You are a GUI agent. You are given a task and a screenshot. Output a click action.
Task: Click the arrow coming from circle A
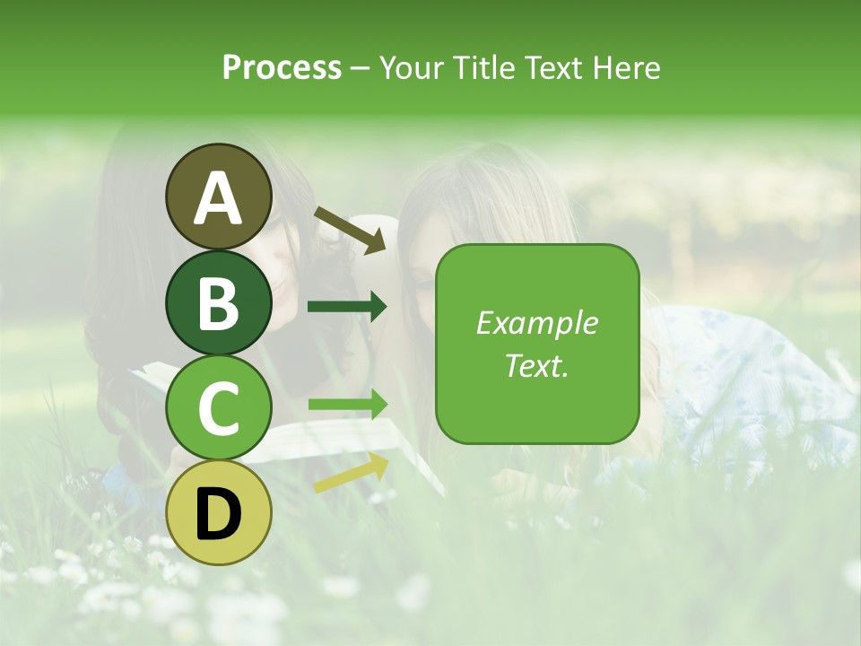coord(350,230)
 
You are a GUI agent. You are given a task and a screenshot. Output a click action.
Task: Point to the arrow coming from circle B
coord(347,307)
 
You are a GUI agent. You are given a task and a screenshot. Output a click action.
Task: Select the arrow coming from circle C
coord(348,405)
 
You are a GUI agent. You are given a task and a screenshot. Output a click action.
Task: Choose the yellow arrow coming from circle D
coord(351,474)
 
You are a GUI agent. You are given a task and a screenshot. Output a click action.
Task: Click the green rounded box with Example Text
coord(537,344)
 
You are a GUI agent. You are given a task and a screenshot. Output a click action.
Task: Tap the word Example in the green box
coord(537,323)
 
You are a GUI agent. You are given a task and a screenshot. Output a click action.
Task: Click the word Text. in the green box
coord(537,365)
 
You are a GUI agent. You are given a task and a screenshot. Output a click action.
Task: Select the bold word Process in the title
coord(282,67)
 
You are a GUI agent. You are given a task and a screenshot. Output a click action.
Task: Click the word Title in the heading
coord(483,67)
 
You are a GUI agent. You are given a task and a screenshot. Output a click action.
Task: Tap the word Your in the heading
coord(411,67)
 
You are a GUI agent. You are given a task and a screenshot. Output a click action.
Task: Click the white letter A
coord(219,199)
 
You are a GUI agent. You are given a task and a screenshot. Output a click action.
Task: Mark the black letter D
coord(219,515)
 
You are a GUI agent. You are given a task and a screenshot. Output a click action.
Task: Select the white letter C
coord(219,409)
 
